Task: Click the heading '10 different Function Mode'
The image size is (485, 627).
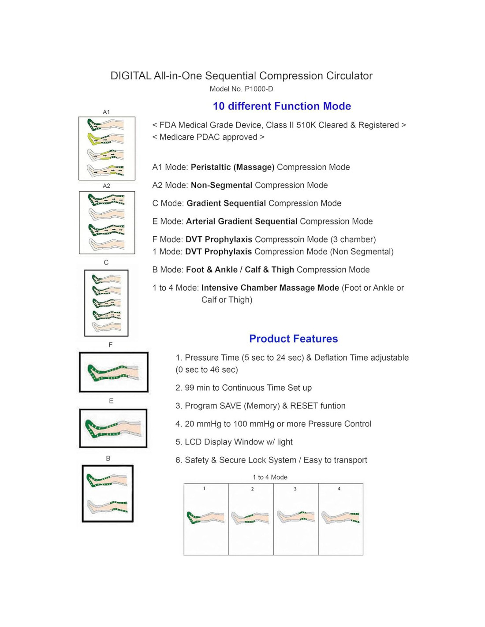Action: click(282, 106)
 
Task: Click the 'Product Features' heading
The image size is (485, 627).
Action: click(293, 339)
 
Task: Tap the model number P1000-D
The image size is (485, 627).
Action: click(241, 89)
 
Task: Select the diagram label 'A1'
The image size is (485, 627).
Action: click(106, 112)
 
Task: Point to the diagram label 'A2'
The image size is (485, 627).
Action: click(106, 186)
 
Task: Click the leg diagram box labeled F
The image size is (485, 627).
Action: click(114, 372)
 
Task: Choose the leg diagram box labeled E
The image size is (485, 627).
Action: click(113, 428)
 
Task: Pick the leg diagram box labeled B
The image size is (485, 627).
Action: click(108, 493)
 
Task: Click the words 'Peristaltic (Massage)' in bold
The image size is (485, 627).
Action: click(232, 167)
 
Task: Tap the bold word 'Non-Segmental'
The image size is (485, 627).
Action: click(221, 185)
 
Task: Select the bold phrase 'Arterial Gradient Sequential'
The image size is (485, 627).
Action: click(242, 221)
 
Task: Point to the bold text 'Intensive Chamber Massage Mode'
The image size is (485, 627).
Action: click(270, 288)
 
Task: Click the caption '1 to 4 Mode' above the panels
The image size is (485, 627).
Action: click(270, 477)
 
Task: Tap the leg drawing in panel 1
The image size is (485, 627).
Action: click(205, 518)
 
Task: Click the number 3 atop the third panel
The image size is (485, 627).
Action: click(295, 489)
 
